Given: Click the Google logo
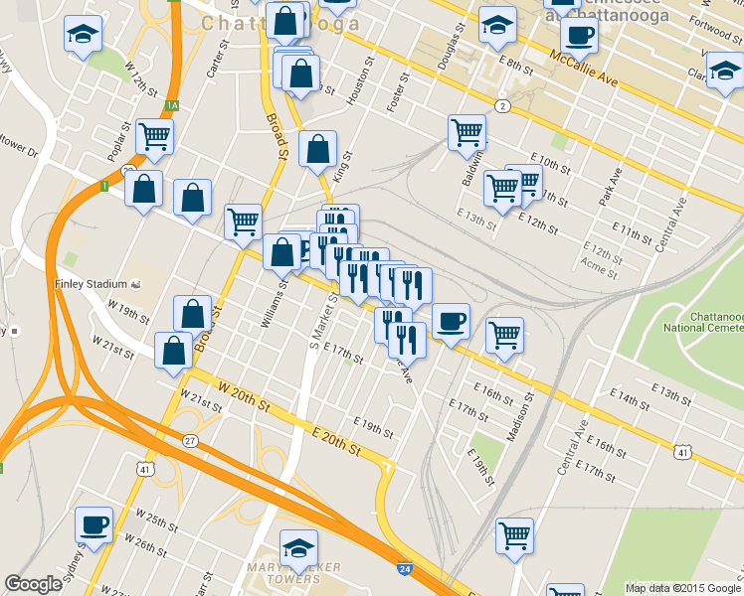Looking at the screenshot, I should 33,584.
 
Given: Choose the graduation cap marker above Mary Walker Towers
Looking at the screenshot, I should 298,547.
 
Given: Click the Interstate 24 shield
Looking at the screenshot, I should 404,569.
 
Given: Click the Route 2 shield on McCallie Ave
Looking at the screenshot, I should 503,106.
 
